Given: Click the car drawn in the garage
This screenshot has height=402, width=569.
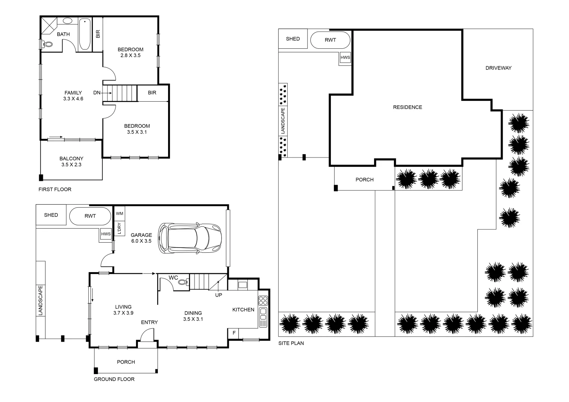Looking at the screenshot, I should click(x=190, y=239).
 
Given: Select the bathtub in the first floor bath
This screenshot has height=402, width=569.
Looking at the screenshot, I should click(x=85, y=34).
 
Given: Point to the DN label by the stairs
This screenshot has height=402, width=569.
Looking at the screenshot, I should click(x=97, y=93).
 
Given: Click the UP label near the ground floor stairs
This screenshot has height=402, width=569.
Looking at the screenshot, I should click(x=219, y=295).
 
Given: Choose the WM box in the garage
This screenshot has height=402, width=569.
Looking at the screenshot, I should click(x=119, y=214).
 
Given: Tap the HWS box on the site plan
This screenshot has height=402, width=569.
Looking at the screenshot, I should click(x=345, y=58).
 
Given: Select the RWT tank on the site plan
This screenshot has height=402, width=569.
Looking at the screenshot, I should click(x=331, y=40).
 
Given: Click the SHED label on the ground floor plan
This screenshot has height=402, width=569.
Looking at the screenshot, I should click(x=51, y=215).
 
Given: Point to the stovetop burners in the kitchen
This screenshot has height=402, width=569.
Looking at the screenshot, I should click(x=263, y=300).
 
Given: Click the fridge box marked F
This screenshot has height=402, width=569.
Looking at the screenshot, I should click(x=234, y=333).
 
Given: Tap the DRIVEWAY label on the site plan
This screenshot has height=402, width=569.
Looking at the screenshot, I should click(x=498, y=68).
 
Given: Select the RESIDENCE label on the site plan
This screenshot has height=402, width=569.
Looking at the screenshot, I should click(x=407, y=107).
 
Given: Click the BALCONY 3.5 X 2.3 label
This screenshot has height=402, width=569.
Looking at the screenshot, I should click(x=72, y=162).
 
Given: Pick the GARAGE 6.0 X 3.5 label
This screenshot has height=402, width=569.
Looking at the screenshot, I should click(x=141, y=238).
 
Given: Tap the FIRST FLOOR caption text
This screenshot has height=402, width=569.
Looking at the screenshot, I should click(x=55, y=189).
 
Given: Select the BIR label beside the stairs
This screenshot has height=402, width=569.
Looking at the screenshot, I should click(x=152, y=93).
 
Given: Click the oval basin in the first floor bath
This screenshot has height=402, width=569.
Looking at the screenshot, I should click(x=68, y=21).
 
